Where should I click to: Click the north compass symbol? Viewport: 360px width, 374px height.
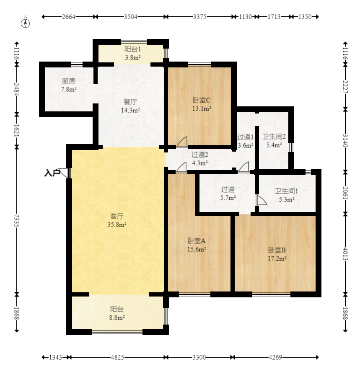click(x=25, y=23)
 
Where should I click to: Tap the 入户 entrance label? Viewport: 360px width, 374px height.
click(x=52, y=173)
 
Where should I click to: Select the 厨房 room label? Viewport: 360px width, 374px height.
click(x=68, y=81)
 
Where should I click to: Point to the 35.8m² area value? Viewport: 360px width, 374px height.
click(x=117, y=224)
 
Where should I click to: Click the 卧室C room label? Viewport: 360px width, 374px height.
click(x=202, y=100)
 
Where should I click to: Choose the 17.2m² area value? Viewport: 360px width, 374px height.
click(x=277, y=258)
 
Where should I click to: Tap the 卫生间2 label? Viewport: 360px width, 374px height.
click(x=274, y=137)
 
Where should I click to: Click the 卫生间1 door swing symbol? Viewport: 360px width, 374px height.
click(x=262, y=200)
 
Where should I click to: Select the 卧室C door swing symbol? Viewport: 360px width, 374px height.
click(x=182, y=141)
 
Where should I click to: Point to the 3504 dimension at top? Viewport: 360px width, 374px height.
click(x=130, y=17)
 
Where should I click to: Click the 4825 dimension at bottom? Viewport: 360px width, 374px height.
click(x=117, y=357)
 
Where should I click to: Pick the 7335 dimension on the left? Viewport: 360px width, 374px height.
click(x=16, y=220)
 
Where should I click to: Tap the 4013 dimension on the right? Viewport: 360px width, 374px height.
click(x=345, y=254)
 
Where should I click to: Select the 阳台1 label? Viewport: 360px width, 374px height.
click(x=133, y=49)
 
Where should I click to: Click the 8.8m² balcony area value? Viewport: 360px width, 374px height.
click(x=117, y=317)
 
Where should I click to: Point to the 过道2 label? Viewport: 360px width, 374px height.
click(x=200, y=155)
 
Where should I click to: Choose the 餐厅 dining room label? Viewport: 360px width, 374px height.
click(x=130, y=102)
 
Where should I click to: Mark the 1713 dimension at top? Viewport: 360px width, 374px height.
click(x=274, y=17)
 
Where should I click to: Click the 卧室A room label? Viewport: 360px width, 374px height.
click(x=197, y=241)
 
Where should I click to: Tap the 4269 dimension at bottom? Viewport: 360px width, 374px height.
click(x=275, y=357)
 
